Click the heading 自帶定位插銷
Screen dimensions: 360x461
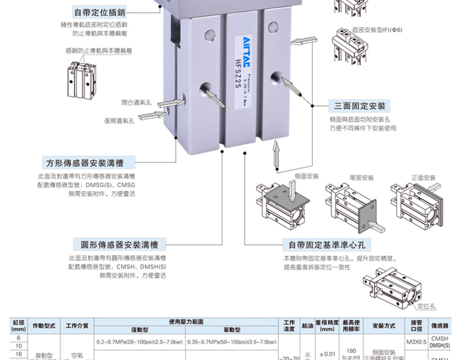click(100, 12)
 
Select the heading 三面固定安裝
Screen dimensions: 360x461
click(359, 106)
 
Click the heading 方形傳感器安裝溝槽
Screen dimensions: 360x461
click(90, 163)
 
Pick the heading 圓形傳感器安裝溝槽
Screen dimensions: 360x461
click(119, 244)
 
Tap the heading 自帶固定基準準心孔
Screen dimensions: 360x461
click(327, 244)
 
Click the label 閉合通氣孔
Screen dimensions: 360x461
click(137, 102)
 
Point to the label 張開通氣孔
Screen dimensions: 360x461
click(119, 121)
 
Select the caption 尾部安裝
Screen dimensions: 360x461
click(361, 177)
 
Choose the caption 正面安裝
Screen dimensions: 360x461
click(423, 177)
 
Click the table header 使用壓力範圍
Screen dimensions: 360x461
click(186, 321)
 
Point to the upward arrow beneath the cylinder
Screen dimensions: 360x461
click(277, 156)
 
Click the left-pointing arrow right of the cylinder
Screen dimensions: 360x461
click(304, 42)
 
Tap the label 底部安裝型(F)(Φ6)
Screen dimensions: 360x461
click(377, 30)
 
